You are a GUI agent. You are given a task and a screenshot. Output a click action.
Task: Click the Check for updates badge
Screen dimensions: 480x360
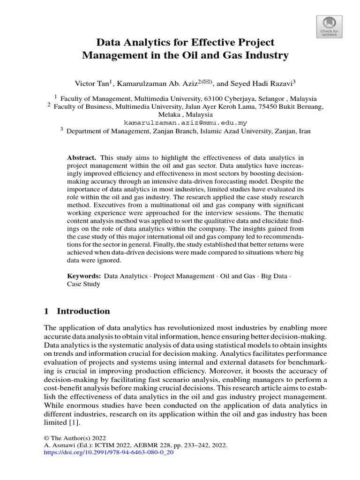(x=330, y=27)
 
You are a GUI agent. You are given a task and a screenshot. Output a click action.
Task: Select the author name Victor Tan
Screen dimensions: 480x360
(x=91, y=83)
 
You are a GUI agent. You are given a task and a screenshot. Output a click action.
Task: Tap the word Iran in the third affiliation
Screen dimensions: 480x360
(x=304, y=131)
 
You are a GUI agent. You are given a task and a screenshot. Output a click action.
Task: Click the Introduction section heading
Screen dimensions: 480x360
(x=83, y=311)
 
